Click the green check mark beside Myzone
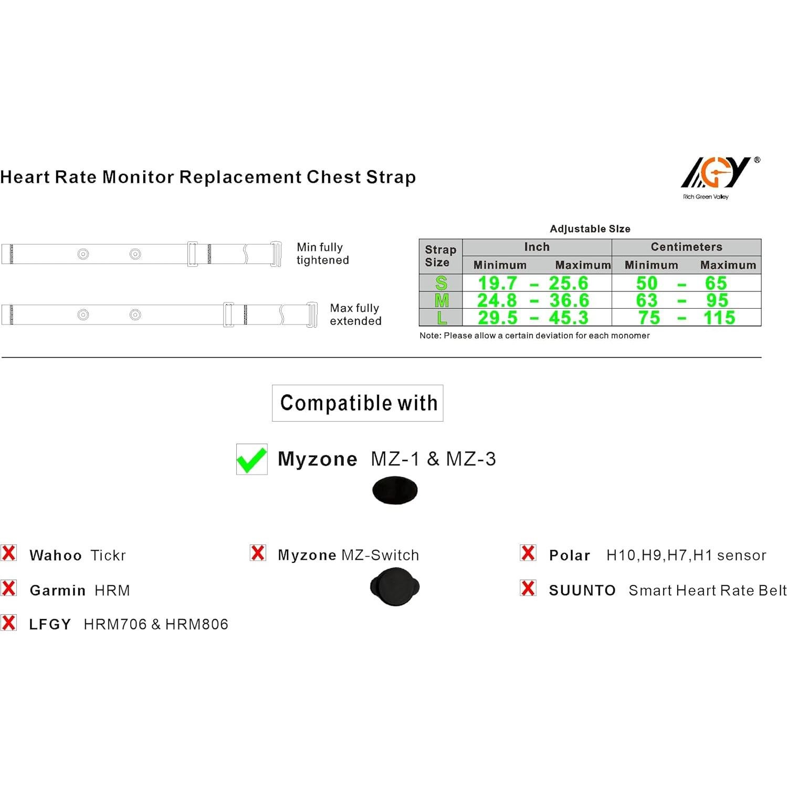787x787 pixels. pos(251,459)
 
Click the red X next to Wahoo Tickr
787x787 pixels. pos(9,553)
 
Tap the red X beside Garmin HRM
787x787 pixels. pos(9,589)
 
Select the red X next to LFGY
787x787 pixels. pos(9,623)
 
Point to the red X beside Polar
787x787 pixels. pos(528,553)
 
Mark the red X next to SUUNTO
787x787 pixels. pos(528,589)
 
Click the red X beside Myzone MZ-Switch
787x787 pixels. pos(258,553)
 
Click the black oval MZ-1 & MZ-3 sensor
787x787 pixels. pos(395,490)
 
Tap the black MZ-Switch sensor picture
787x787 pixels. pos(395,586)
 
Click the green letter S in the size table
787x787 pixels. pos(441,283)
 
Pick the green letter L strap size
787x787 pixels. pos(442,318)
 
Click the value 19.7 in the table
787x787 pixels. pos(497,283)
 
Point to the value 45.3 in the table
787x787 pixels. pos(569,318)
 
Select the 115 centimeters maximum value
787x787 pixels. pos(719,318)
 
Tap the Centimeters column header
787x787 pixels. pos(686,247)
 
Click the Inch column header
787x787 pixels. pos(537,247)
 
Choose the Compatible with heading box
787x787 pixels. pos(358,403)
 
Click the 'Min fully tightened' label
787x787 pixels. pos(322,254)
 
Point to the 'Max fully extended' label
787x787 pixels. pos(355,314)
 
